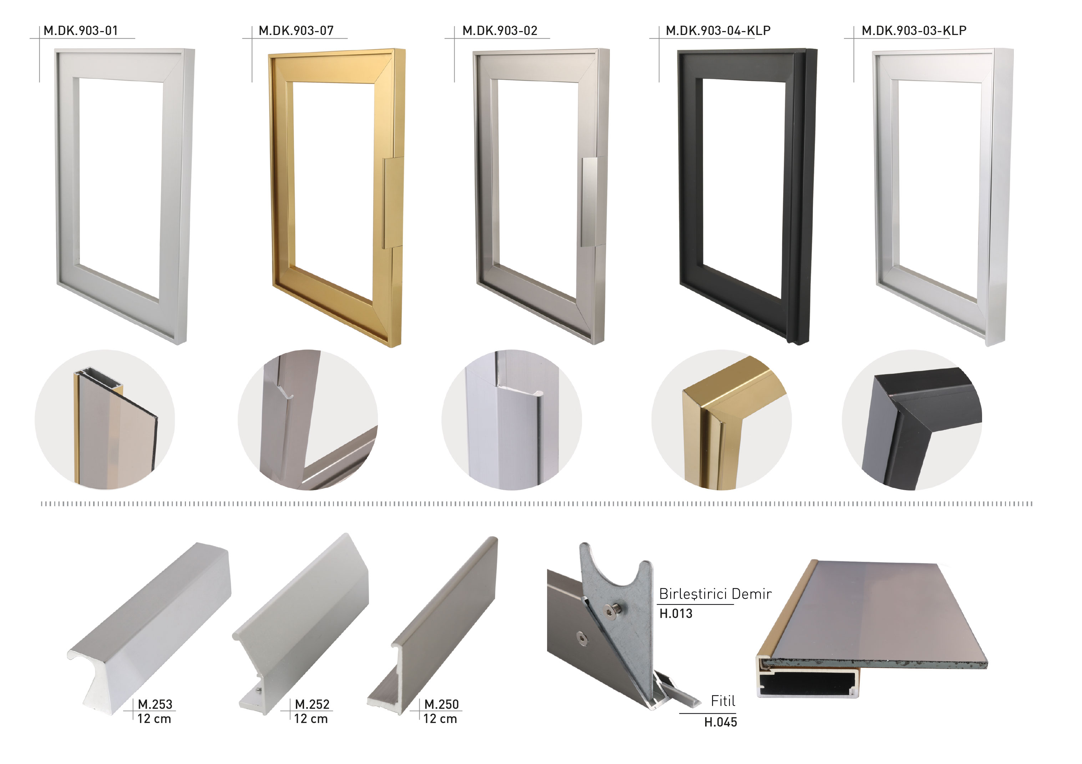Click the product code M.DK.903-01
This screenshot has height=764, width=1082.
(81, 31)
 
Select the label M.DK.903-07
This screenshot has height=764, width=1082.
(296, 31)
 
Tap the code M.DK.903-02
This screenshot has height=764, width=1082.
(500, 31)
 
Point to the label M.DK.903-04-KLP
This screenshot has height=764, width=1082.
(718, 31)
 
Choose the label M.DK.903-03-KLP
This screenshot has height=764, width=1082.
(914, 31)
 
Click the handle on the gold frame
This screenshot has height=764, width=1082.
(393, 203)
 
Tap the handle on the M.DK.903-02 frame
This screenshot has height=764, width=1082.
(590, 202)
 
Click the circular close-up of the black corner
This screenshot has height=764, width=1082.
(912, 420)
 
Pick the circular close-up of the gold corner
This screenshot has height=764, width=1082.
(722, 420)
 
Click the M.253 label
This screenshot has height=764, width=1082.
(155, 704)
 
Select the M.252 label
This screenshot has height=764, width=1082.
(312, 704)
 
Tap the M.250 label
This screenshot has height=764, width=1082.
(441, 704)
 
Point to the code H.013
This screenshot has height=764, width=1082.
(676, 614)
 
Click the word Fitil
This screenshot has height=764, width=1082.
(723, 701)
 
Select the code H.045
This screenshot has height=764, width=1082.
(721, 722)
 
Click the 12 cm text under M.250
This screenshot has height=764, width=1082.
(440, 719)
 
